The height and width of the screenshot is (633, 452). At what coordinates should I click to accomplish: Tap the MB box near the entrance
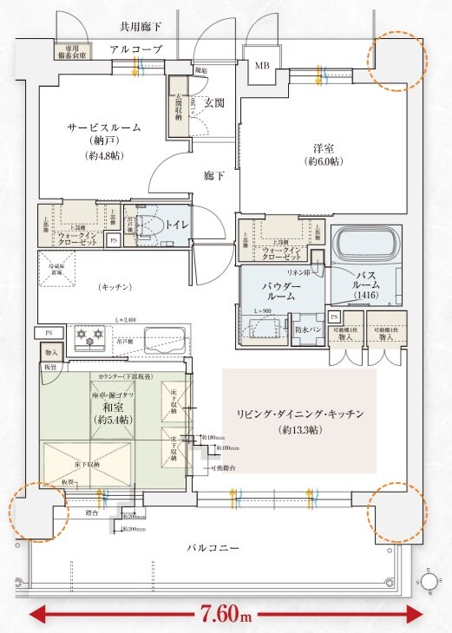pos(261,65)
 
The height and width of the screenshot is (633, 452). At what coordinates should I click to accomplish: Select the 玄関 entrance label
pos(213,102)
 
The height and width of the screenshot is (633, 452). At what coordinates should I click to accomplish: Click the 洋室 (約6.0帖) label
pos(324,154)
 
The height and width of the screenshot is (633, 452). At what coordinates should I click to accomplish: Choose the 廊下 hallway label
pos(214,175)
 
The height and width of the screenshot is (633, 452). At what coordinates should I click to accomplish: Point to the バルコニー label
pos(214,547)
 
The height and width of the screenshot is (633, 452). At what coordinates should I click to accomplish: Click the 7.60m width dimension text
pos(225,615)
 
